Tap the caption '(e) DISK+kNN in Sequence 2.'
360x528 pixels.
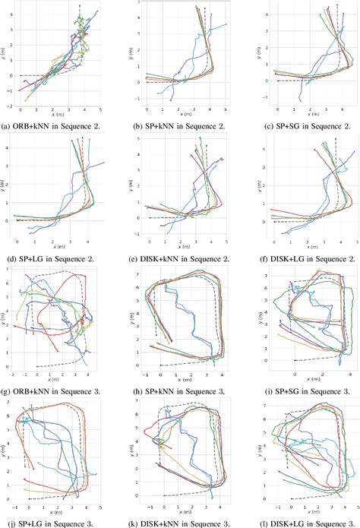(x=179, y=258)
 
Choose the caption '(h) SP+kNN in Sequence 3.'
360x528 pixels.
(x=179, y=391)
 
